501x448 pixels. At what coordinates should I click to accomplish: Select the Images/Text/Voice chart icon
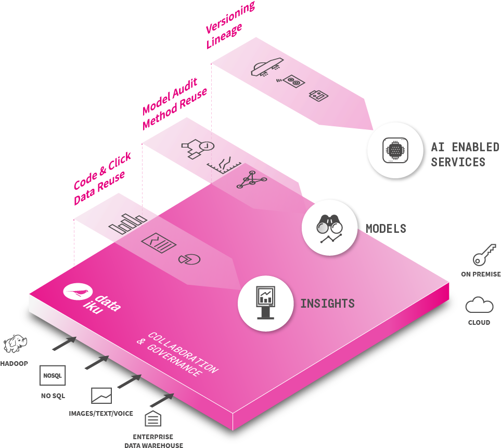101,396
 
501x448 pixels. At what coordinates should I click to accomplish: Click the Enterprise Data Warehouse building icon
153,418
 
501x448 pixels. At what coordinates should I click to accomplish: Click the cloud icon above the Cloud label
479,305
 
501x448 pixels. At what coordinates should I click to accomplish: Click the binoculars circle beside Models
330,228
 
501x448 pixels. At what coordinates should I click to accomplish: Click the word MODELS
386,228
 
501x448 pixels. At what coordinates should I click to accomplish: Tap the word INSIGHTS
327,303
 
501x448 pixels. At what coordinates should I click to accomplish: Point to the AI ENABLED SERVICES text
457,154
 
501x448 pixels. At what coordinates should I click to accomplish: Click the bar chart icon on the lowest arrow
127,225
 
